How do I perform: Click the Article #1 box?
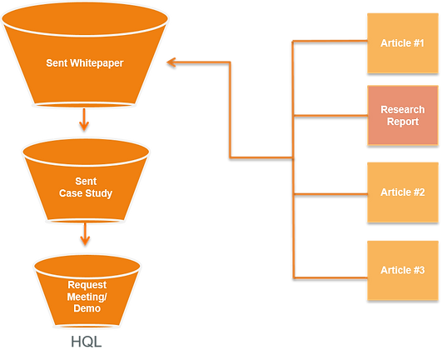coord(403,43)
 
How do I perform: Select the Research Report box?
coord(403,115)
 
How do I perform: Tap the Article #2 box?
coord(403,192)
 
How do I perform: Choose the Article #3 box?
coord(403,270)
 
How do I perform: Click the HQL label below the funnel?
coord(86,342)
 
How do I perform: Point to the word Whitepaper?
coord(97,62)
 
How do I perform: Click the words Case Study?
coord(86,193)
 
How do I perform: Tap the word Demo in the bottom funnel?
coord(87,308)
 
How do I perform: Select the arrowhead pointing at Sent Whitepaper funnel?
coord(171,62)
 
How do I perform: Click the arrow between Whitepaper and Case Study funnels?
coord(84,119)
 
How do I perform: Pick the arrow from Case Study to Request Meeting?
coord(85,234)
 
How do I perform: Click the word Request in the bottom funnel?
coord(87,285)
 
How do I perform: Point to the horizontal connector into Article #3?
coord(330,277)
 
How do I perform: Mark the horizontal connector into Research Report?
coord(330,115)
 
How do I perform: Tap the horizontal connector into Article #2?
coord(330,194)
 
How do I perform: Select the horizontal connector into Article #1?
coord(330,42)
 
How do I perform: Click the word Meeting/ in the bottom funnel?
coord(87,297)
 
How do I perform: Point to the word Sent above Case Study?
coord(86,181)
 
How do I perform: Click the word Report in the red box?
coord(403,122)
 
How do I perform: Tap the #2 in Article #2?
coord(419,192)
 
